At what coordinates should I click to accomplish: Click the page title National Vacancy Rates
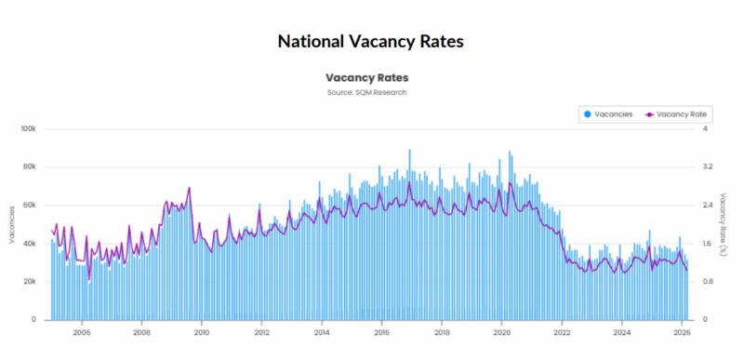[371, 42]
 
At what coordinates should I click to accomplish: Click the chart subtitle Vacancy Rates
[366, 78]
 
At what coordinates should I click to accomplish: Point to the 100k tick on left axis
[28, 128]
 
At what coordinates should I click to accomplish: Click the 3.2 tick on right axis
[707, 167]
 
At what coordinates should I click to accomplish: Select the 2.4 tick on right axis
[707, 205]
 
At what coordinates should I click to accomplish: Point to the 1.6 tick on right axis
[707, 243]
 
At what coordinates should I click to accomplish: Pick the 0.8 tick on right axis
[707, 281]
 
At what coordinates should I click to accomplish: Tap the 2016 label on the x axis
[381, 331]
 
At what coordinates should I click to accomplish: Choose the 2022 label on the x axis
[562, 331]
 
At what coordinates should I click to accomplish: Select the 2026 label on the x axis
[682, 331]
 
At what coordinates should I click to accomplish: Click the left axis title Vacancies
[11, 224]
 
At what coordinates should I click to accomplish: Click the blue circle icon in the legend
[588, 113]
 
